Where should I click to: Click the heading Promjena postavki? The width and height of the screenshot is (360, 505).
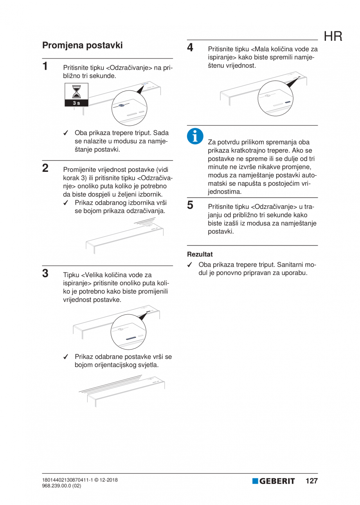(x=83, y=45)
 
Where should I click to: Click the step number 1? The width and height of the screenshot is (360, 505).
(x=45, y=65)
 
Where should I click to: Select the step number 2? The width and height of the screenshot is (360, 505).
(x=45, y=168)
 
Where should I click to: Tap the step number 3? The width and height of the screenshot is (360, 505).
(x=45, y=272)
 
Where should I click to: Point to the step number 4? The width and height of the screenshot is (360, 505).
(x=190, y=48)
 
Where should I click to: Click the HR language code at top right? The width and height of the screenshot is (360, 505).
(x=333, y=37)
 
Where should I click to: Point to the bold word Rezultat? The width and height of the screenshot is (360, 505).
(x=200, y=254)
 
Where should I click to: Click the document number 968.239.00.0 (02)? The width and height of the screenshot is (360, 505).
(x=62, y=485)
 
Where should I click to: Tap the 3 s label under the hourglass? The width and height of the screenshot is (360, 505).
(x=76, y=103)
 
